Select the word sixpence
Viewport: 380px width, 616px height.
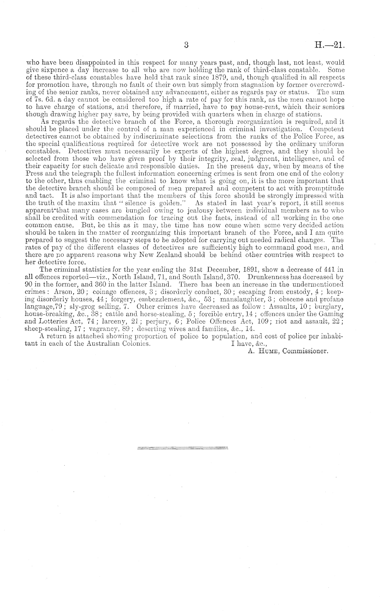click(50, 70)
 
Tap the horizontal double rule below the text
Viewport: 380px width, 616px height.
click(182, 447)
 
